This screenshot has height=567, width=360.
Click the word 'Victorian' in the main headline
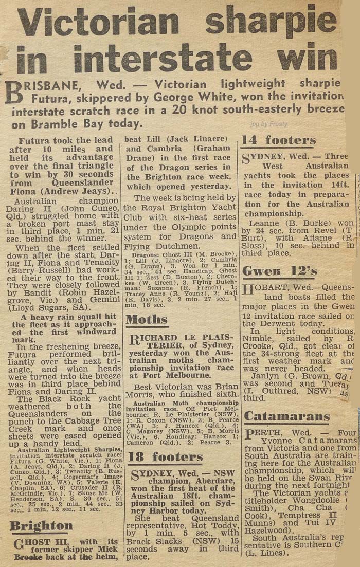point(98,23)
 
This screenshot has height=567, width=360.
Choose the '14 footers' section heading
point(279,140)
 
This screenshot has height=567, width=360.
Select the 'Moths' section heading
point(147,320)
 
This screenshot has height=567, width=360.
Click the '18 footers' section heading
point(165,457)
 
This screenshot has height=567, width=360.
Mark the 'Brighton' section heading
point(41,525)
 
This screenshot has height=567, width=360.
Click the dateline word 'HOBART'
point(271,287)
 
